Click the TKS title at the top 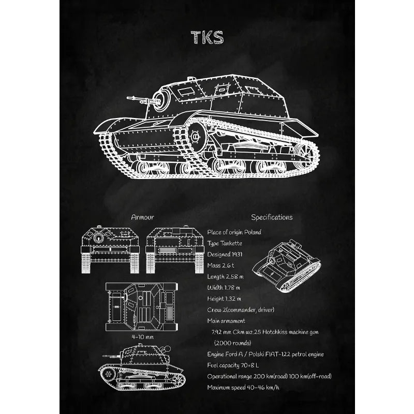pyautogui.click(x=207, y=38)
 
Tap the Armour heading pyautogui.click(x=142, y=217)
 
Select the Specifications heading pyautogui.click(x=272, y=217)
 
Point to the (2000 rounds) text pyautogui.click(x=233, y=343)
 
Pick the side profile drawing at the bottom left pyautogui.click(x=141, y=368)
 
